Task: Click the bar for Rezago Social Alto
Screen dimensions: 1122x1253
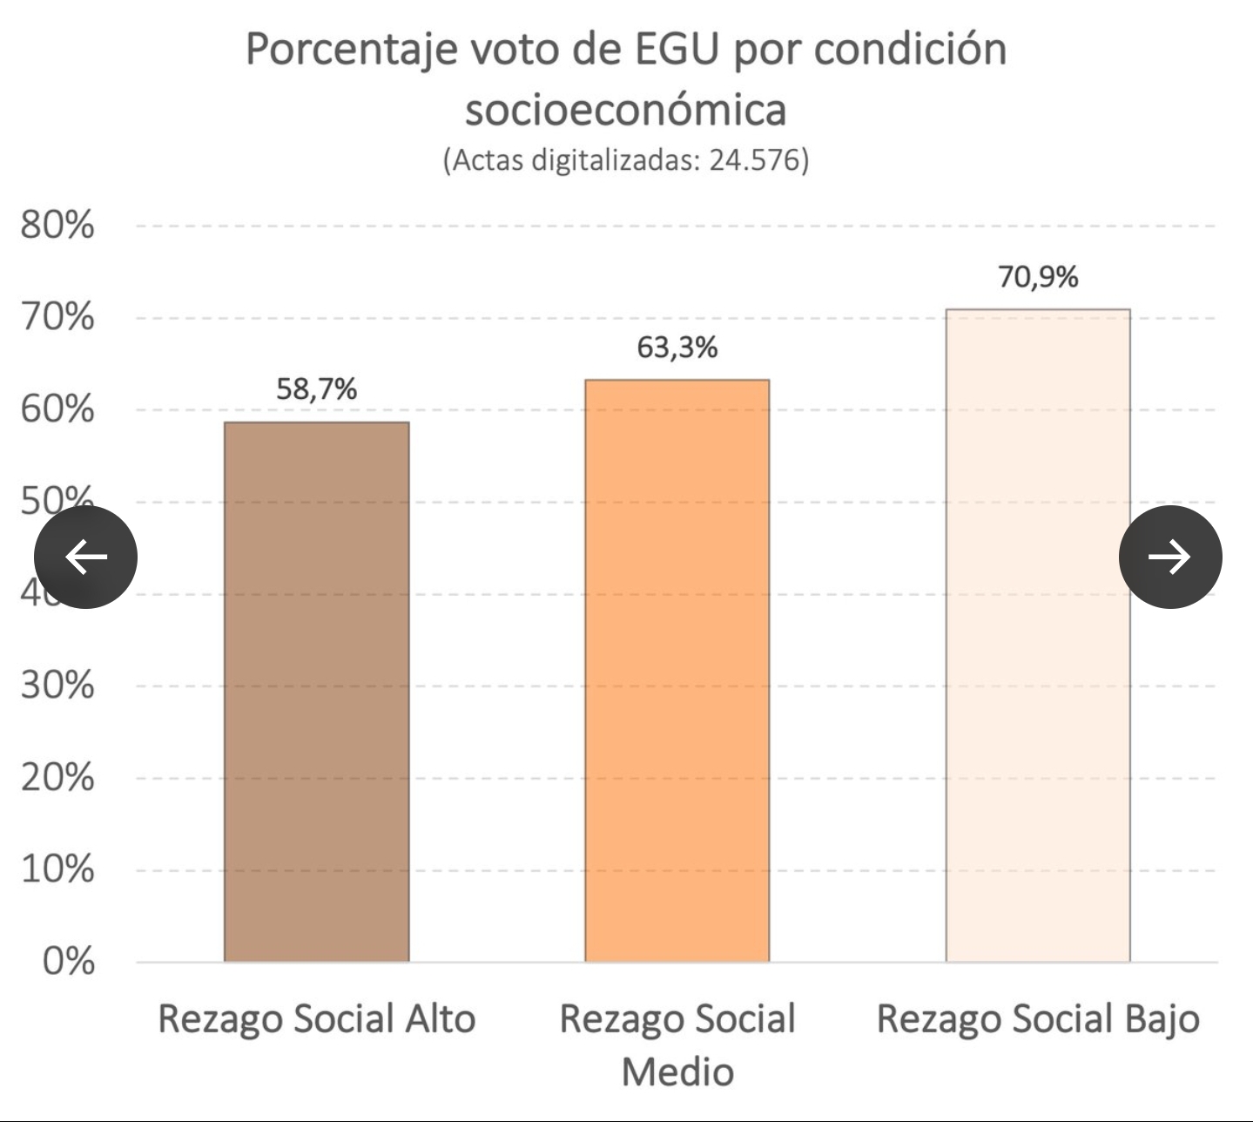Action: tap(316, 692)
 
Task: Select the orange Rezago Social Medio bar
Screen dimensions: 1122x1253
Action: tap(677, 671)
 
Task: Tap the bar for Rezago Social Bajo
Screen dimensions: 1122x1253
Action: tap(1038, 635)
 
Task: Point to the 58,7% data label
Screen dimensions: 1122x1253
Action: tap(316, 389)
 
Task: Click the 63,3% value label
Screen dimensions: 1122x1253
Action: tap(677, 348)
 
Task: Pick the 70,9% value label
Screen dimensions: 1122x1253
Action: tap(1038, 277)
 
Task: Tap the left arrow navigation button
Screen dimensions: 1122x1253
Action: tap(85, 557)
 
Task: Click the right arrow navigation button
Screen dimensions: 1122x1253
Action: tap(1169, 557)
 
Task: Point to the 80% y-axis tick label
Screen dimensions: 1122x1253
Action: tap(57, 226)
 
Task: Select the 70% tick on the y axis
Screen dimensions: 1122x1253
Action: tap(57, 317)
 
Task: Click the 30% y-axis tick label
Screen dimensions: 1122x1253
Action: tap(57, 686)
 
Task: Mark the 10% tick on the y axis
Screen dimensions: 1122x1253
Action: tap(57, 869)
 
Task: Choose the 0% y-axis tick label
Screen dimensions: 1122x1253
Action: tap(68, 962)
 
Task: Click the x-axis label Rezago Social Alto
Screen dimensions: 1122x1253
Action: tap(316, 1019)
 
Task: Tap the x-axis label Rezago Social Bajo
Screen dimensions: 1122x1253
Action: tap(1038, 1019)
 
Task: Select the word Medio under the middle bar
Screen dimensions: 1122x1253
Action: tap(677, 1071)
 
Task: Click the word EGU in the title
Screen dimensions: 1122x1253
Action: tap(677, 50)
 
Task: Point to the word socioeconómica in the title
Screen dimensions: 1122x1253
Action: tap(626, 110)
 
